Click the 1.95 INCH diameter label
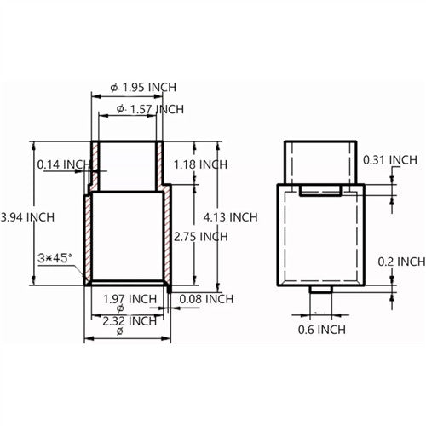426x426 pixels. (x=150, y=88)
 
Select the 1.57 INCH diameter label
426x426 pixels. (x=154, y=109)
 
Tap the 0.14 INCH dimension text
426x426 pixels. (x=63, y=164)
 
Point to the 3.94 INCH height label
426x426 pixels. (x=27, y=216)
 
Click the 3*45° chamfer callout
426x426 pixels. (x=54, y=256)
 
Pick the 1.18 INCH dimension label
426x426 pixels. (x=200, y=164)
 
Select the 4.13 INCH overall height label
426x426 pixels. (x=231, y=216)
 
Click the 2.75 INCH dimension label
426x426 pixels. (x=200, y=236)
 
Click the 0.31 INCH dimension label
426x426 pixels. (x=390, y=159)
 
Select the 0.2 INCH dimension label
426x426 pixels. (x=400, y=261)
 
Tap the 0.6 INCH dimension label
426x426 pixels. (x=322, y=329)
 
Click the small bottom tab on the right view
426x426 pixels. (x=319, y=292)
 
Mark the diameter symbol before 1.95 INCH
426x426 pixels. (x=115, y=88)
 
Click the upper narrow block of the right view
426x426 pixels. (x=320, y=160)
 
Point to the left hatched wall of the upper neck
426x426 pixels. (x=95, y=165)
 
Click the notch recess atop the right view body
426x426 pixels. (x=320, y=189)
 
